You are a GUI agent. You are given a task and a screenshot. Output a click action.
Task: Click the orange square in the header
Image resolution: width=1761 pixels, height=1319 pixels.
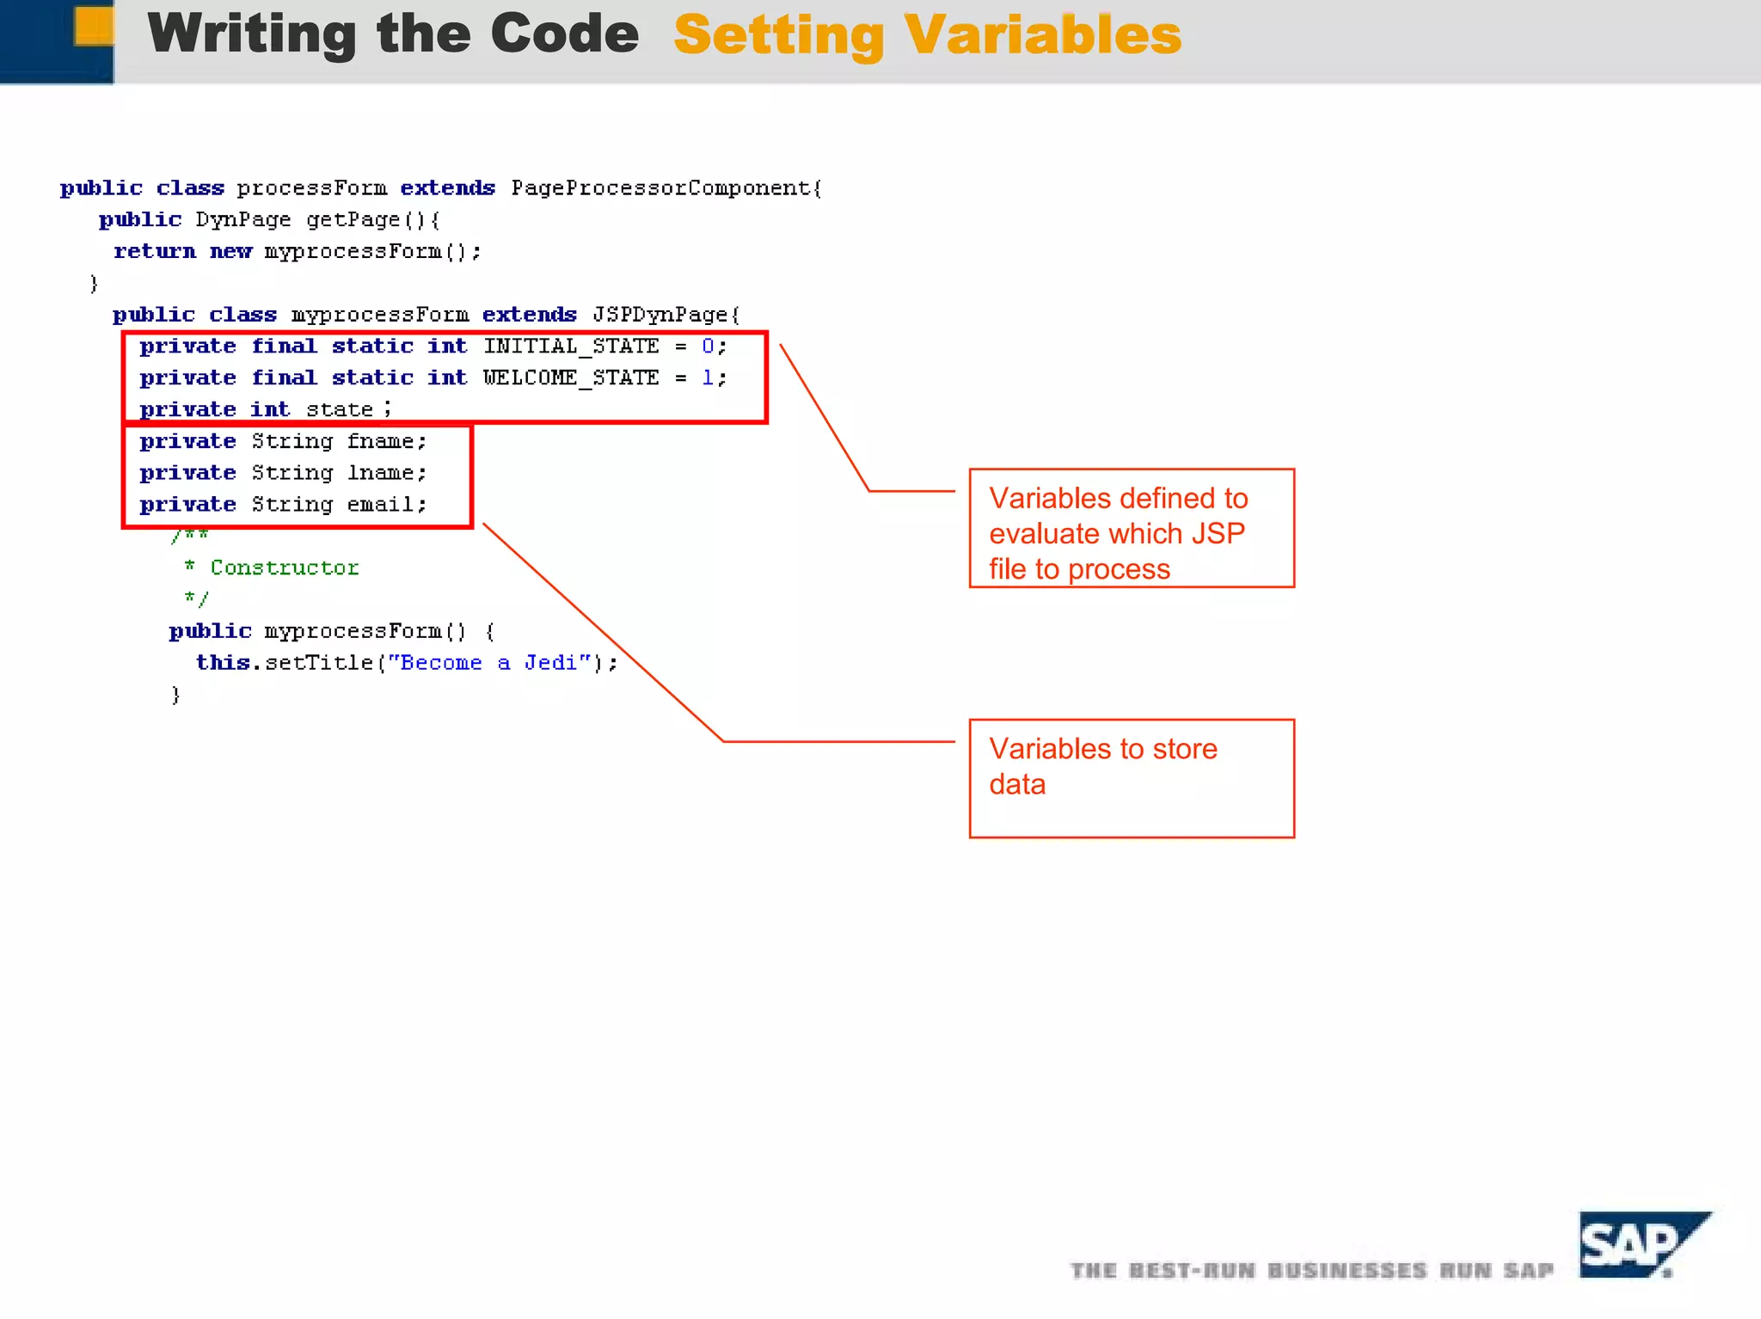coord(94,26)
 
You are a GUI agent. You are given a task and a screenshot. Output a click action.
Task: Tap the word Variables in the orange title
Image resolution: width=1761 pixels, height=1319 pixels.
coord(1042,35)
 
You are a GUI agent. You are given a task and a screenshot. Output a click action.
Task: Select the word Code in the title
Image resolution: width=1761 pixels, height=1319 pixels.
coord(565,34)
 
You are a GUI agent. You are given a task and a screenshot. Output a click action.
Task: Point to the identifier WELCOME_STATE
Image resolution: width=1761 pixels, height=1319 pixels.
coord(571,378)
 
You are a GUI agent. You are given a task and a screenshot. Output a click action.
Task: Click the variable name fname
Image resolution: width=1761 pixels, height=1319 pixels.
coord(381,442)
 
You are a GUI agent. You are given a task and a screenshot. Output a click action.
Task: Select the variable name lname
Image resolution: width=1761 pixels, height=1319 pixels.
coord(381,474)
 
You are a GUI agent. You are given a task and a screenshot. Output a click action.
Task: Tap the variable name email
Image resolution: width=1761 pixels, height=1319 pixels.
coord(381,505)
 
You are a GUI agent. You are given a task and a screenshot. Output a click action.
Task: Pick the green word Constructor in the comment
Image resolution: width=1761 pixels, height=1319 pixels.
coord(285,568)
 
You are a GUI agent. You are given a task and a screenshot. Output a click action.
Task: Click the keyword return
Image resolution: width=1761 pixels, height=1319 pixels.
coord(155,252)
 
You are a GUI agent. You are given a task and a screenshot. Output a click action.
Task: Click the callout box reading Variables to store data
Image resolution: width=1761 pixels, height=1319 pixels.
coord(1132,778)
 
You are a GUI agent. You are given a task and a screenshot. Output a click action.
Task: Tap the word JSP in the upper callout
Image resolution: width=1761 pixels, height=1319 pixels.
coord(1218,534)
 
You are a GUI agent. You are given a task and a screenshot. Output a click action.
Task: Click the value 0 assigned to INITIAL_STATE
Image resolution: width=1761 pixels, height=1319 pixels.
coord(708,347)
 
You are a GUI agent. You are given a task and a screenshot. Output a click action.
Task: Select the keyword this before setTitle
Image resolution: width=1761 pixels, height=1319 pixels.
coord(223,663)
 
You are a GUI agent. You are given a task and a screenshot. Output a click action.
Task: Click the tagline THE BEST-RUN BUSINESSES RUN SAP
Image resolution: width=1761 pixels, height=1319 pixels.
coord(1312,1271)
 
